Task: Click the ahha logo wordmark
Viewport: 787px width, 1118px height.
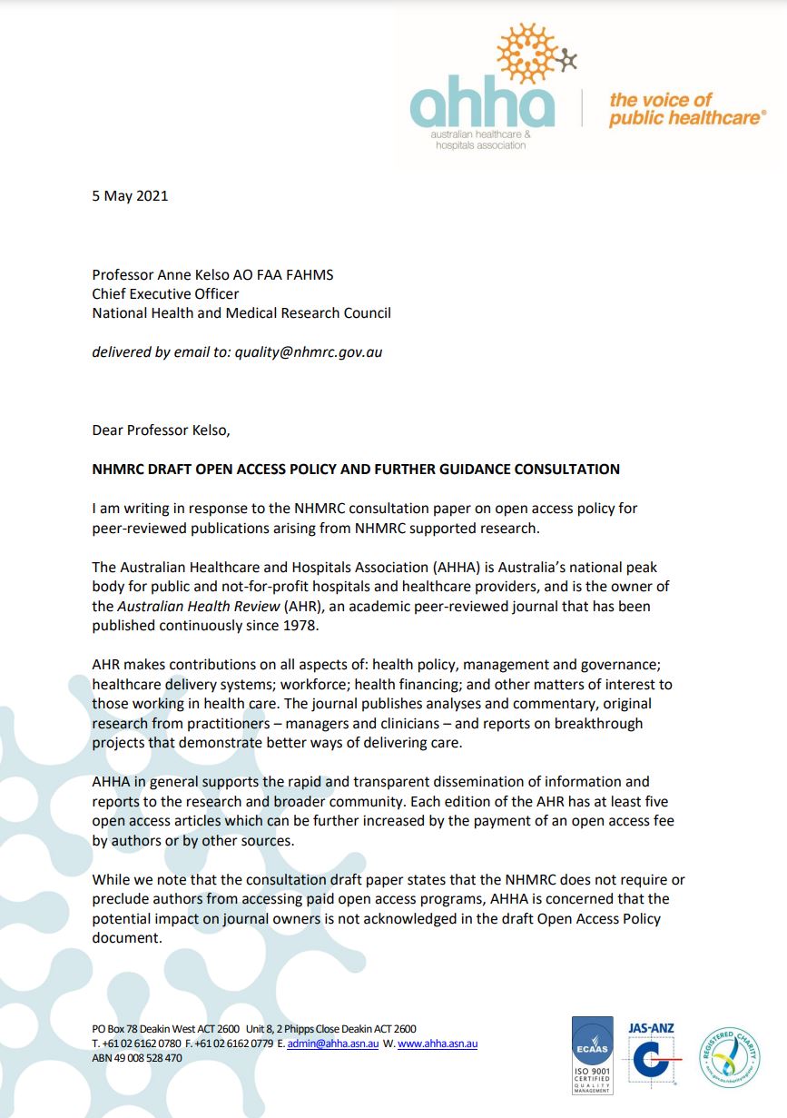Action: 481,106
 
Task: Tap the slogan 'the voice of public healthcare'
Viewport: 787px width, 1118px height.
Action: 686,109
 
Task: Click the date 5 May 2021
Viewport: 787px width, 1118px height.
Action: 130,195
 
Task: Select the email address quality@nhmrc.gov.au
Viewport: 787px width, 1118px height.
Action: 309,351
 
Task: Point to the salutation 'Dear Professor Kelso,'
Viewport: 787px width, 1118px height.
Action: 167,430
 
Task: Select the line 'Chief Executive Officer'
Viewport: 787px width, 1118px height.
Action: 165,293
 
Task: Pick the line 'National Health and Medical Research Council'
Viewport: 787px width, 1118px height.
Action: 241,312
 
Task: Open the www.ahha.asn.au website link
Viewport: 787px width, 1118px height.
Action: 438,1044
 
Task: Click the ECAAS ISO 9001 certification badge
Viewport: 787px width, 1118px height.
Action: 592,1054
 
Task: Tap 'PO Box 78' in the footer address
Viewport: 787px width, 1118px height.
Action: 113,1029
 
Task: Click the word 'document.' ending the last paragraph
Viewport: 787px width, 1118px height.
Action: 127,938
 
